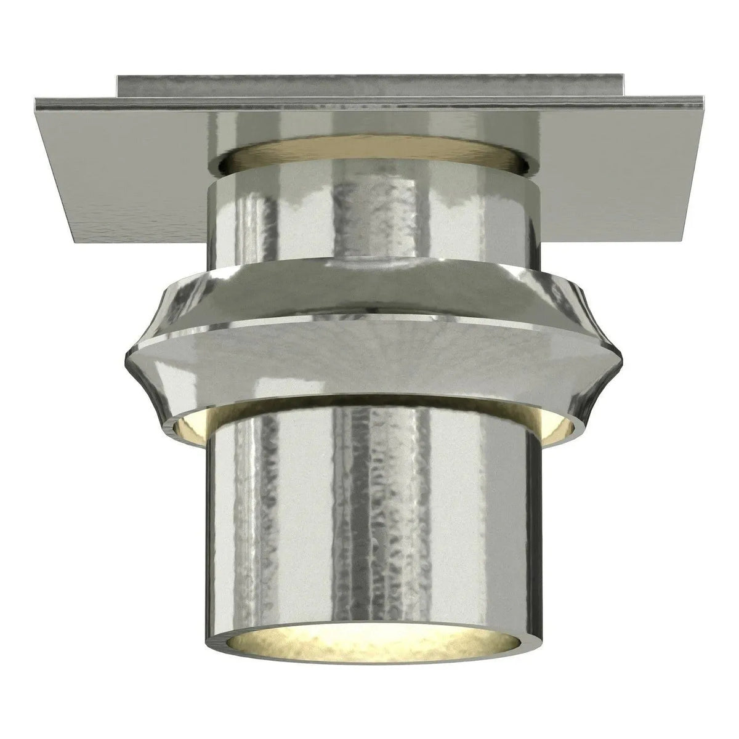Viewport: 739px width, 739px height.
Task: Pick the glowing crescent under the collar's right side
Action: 557,425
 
